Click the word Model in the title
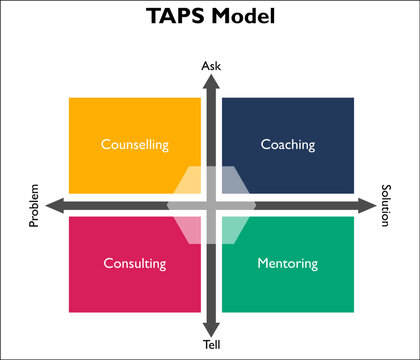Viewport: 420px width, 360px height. click(239, 18)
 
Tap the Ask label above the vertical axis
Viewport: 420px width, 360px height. click(211, 66)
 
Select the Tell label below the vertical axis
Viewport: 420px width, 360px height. click(211, 345)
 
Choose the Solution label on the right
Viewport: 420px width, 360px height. click(385, 205)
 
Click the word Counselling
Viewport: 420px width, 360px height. click(134, 144)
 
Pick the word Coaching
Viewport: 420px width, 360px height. click(287, 144)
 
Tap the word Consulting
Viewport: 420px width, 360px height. click(134, 264)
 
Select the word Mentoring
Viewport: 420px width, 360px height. click(287, 264)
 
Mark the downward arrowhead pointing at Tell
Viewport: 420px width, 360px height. click(211, 329)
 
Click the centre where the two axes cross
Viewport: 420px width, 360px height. click(211, 206)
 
